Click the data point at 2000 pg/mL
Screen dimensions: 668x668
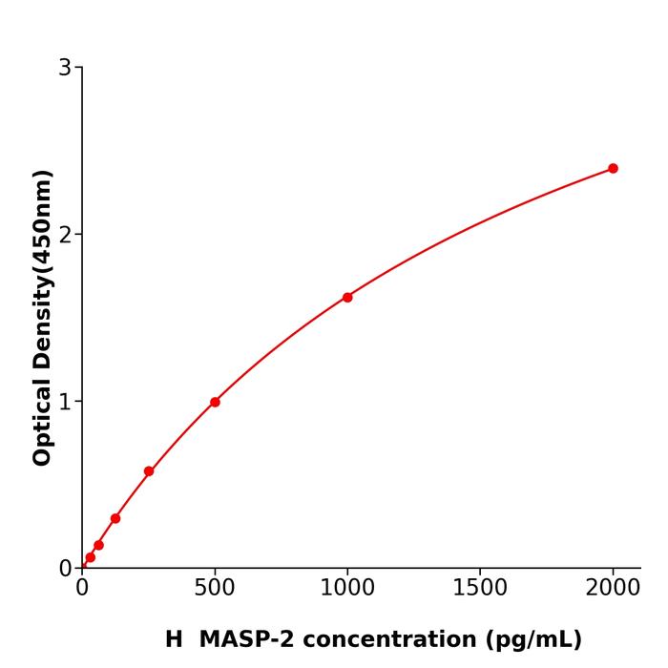(x=613, y=168)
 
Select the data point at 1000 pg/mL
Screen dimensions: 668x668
(x=347, y=297)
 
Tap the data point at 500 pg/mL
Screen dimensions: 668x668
(x=215, y=402)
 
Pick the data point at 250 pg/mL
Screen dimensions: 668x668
(x=149, y=471)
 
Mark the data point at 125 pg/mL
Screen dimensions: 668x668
(x=115, y=518)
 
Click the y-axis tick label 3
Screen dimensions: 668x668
(x=65, y=68)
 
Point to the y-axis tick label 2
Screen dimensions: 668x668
(x=65, y=235)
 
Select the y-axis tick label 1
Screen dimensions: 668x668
(x=65, y=402)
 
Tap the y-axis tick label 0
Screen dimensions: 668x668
(x=65, y=569)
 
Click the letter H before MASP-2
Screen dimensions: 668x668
(x=174, y=639)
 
